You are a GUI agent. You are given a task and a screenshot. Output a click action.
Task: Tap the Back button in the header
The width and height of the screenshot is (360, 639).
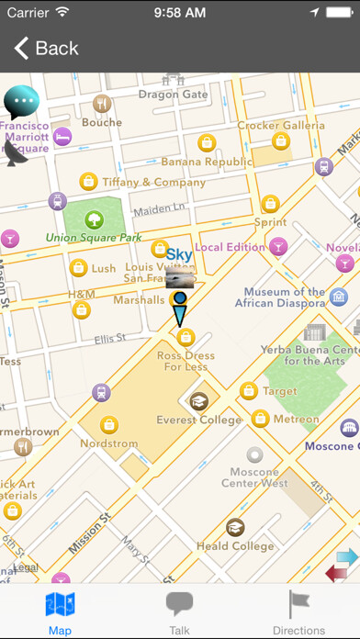(x=46, y=48)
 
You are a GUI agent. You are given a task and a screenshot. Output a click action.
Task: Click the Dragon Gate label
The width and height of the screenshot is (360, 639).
(x=173, y=94)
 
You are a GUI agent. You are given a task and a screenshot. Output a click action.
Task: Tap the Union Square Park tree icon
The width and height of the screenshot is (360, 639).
(x=93, y=219)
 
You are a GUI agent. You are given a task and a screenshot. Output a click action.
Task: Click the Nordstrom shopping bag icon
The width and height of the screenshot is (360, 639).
(x=109, y=424)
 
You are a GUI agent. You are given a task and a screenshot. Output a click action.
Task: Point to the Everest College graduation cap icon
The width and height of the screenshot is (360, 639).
(x=198, y=400)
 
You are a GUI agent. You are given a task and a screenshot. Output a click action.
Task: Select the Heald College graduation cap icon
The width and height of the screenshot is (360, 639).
(x=235, y=527)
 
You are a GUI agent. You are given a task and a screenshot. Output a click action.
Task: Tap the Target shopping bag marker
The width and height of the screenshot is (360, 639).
(x=248, y=391)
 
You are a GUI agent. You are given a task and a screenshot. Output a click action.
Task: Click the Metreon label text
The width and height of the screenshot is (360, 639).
(x=297, y=420)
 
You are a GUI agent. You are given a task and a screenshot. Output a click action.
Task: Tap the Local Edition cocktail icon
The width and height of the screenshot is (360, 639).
(x=277, y=246)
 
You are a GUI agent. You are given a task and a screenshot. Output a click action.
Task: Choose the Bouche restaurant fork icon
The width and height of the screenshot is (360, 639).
(x=102, y=104)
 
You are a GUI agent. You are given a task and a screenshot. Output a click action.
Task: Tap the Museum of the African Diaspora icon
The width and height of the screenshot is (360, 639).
(x=339, y=297)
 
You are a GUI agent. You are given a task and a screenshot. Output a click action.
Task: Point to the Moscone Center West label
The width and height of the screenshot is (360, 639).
(x=254, y=477)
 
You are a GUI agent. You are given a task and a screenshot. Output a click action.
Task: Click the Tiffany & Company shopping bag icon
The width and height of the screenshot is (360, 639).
(x=88, y=181)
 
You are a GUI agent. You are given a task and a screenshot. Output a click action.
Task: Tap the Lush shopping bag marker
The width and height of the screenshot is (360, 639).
(x=79, y=268)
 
